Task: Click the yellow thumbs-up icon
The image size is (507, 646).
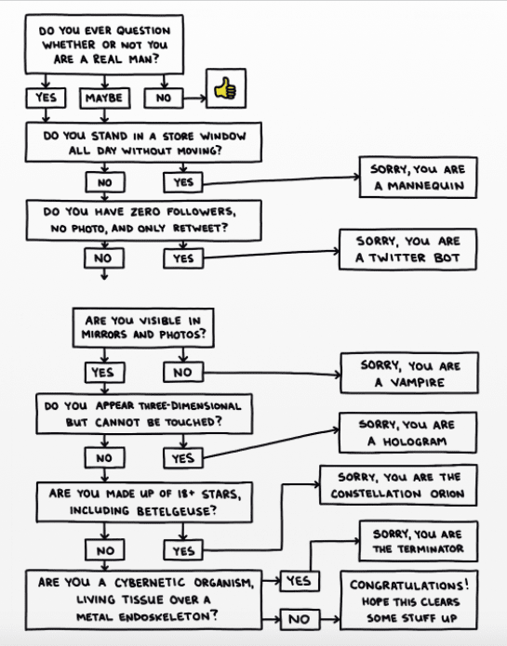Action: click(x=225, y=88)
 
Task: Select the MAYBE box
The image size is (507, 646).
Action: click(x=105, y=98)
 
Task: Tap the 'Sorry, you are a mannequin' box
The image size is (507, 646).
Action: click(x=418, y=178)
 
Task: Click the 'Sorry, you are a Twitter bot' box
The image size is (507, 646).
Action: click(x=407, y=249)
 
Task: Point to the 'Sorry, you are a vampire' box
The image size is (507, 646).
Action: click(x=409, y=373)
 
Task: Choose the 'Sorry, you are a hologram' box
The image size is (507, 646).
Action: click(x=407, y=432)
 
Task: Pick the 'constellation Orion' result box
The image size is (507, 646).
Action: click(x=398, y=485)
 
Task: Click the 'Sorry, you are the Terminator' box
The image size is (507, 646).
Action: click(x=419, y=541)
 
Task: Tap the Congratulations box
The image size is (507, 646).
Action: click(x=409, y=600)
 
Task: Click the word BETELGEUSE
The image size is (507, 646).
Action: click(x=177, y=511)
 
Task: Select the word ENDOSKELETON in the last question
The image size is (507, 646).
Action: click(x=168, y=617)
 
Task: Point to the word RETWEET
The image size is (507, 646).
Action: click(x=200, y=228)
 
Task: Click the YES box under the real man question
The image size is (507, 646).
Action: click(x=46, y=98)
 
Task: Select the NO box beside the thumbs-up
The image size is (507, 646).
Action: click(x=164, y=99)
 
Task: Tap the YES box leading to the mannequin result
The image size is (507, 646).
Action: click(x=183, y=182)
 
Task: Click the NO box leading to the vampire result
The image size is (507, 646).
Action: click(x=183, y=373)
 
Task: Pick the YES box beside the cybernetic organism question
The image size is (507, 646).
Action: click(x=300, y=581)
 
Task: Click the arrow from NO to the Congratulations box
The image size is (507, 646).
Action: click(x=329, y=619)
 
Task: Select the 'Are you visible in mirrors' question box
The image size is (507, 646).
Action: click(x=143, y=328)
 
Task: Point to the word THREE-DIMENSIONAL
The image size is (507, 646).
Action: click(x=190, y=406)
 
